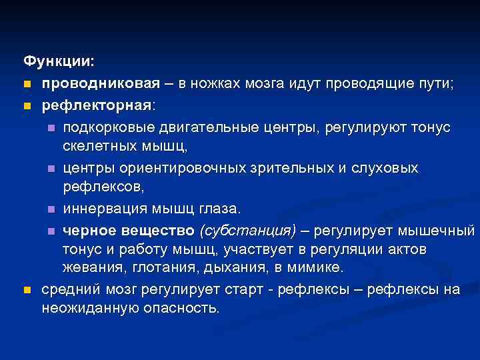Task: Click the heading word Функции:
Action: (59, 61)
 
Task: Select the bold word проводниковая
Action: (101, 83)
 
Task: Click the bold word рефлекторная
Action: (97, 105)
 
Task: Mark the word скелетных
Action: (95, 145)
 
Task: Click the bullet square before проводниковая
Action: (27, 84)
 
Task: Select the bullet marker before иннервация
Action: (51, 210)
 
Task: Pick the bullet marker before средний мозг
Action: (27, 291)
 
